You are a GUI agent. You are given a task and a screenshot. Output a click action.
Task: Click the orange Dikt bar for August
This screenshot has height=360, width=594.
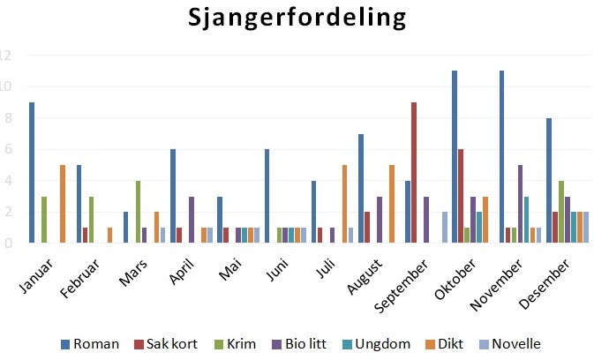[390, 204]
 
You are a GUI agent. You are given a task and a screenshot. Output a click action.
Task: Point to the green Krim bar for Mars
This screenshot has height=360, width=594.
[139, 212]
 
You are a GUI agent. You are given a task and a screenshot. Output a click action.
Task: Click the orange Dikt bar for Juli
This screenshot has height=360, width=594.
[343, 204]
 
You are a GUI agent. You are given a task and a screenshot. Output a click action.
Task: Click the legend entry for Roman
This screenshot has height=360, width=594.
[89, 343]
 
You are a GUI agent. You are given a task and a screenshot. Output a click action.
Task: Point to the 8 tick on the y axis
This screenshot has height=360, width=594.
[6, 118]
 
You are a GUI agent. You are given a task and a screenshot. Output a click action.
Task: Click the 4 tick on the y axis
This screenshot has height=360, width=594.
[6, 181]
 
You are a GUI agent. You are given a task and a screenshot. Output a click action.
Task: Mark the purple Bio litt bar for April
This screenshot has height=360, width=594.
[192, 220]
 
